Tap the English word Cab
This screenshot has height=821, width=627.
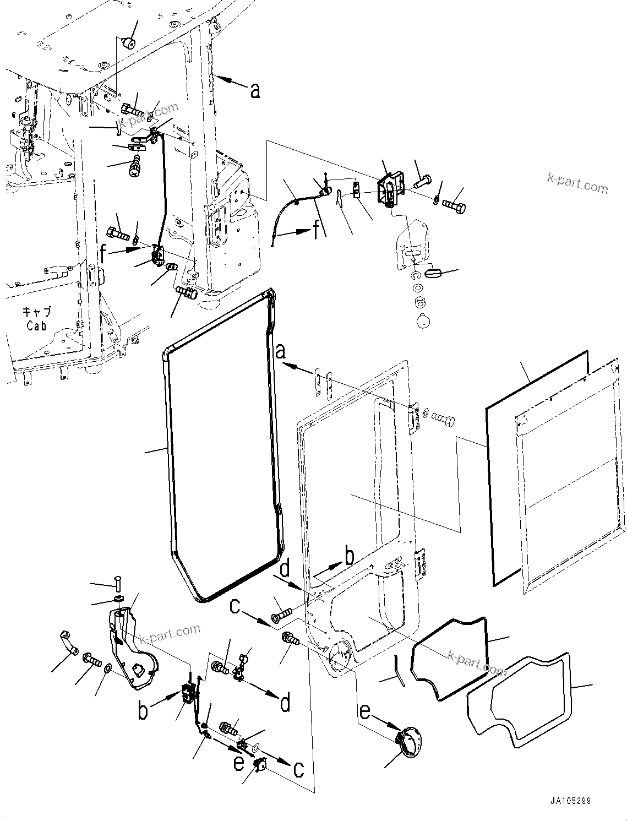click(x=36, y=326)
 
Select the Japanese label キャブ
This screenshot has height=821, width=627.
click(x=37, y=312)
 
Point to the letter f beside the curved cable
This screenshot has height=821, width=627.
click(x=316, y=230)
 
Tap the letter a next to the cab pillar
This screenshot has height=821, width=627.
click(x=255, y=90)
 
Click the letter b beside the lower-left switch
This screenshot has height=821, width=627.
click(x=143, y=710)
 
